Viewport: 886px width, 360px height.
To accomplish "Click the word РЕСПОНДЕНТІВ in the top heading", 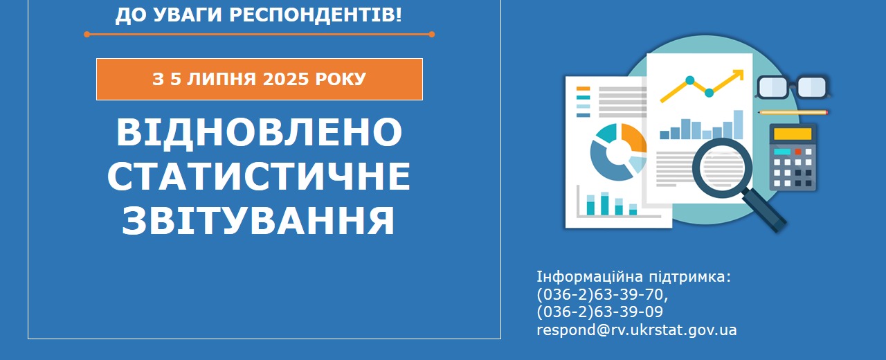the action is (316, 15).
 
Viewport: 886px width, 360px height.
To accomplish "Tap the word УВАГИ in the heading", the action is (188, 15).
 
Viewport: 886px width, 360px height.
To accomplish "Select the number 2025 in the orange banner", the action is (285, 79).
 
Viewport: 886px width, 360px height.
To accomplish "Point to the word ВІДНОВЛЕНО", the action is (259, 132).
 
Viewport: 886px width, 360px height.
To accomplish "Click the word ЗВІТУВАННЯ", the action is (258, 220).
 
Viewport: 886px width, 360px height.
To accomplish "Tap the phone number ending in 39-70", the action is (602, 295).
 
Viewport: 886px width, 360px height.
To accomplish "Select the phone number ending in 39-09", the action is (599, 312).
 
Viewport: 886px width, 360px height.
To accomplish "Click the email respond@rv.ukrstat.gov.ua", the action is (636, 330).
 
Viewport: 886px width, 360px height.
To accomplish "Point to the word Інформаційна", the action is (589, 277).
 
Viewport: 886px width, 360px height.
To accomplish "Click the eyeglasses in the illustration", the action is (793, 87).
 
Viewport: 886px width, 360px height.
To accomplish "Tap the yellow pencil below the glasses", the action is (793, 113).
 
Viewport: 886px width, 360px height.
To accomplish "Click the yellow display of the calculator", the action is (793, 134).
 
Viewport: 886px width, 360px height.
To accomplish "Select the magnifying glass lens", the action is (722, 168).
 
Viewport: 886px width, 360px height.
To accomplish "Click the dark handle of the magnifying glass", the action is (765, 211).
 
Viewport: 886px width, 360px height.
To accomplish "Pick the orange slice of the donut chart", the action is (634, 138).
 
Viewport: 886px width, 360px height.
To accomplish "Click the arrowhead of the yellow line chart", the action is (738, 75).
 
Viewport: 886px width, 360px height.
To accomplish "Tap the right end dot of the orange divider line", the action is (431, 35).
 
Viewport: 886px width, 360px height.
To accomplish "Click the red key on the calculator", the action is (798, 152).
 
